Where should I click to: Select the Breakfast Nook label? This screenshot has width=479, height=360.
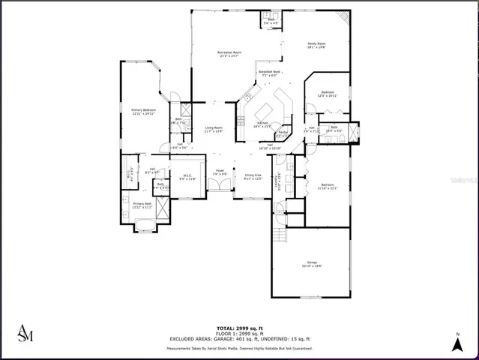click(x=269, y=73)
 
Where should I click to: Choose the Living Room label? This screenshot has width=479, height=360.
click(x=214, y=130)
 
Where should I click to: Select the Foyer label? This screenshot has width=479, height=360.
click(x=220, y=172)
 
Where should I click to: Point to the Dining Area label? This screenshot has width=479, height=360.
click(x=253, y=177)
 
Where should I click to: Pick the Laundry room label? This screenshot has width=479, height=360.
click(x=277, y=181)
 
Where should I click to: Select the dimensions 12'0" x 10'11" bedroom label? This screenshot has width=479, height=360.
click(x=328, y=94)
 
